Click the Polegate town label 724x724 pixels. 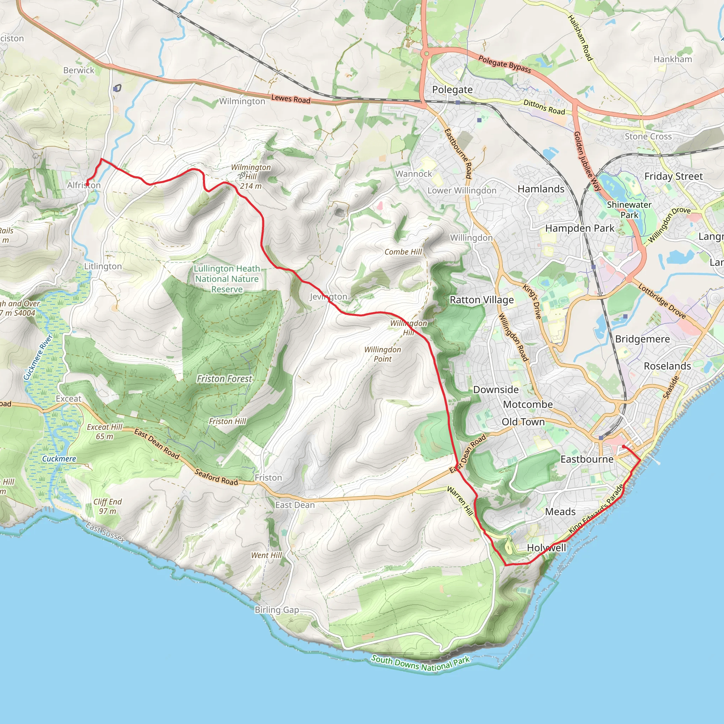452,90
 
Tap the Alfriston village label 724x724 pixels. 84,185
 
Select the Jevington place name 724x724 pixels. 328,297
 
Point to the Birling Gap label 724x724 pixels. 277,610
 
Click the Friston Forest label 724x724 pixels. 224,379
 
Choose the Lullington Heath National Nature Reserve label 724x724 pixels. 227,279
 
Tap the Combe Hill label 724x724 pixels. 403,252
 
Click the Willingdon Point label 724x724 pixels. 383,354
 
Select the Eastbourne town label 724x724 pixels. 587,459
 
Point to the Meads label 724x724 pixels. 560,512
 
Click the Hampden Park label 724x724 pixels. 580,228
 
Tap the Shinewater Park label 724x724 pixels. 629,210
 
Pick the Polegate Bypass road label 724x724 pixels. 504,64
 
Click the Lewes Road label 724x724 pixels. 291,99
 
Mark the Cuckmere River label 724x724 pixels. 38,357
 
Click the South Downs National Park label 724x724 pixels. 420,664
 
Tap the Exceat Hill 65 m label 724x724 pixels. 105,431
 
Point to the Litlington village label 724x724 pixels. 103,266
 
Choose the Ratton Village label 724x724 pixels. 481,300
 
